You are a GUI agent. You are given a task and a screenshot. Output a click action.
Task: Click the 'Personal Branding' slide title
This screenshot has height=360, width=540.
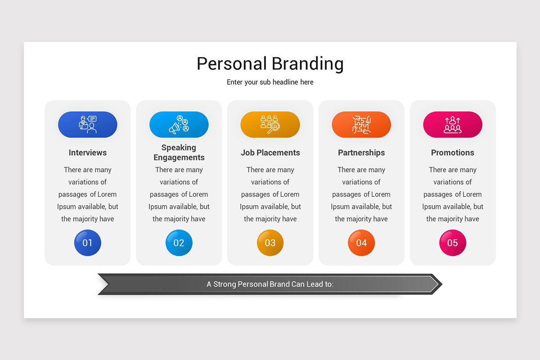coord(270,63)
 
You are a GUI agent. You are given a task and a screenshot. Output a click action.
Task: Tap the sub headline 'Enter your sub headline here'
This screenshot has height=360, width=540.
coord(270,82)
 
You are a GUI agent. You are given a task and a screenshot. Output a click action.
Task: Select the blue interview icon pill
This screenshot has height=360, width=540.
coord(87,124)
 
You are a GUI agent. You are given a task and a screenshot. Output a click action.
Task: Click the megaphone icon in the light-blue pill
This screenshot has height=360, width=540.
coord(179,125)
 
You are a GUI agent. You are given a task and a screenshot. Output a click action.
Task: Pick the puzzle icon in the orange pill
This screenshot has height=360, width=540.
coord(361,125)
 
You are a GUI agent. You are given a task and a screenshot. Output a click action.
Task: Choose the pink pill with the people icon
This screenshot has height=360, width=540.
coord(453,124)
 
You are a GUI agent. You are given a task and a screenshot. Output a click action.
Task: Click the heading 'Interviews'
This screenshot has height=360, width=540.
coord(87,153)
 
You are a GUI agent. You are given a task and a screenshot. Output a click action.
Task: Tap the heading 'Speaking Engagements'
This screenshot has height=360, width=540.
coord(179,153)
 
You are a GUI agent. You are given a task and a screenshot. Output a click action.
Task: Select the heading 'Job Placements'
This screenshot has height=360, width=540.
coord(270,153)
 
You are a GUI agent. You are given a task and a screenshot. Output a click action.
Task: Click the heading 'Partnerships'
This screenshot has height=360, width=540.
coord(361,153)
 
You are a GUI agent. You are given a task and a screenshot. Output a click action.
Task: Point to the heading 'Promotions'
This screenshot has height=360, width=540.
coord(453,153)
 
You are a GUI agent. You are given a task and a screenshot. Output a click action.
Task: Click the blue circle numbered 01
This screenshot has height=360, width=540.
coord(87,243)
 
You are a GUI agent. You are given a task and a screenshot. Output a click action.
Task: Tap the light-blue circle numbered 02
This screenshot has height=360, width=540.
coord(179,243)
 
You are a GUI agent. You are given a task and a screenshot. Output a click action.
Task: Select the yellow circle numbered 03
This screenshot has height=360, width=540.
coord(270,243)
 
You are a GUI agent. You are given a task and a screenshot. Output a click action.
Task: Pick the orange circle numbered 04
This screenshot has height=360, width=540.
coord(361,243)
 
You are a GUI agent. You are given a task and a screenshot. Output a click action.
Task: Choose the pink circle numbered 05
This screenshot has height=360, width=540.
coord(453,243)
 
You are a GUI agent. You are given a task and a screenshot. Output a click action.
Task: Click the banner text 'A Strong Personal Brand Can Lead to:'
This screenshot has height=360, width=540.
coord(270,284)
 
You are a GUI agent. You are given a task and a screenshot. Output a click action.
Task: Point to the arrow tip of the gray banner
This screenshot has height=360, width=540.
coord(442,284)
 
